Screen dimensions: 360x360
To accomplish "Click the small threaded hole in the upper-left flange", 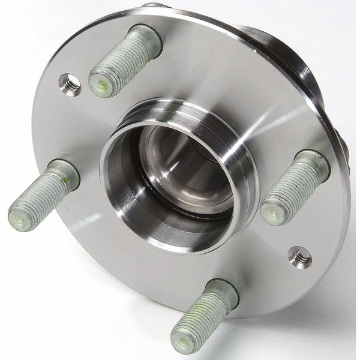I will [x=70, y=84].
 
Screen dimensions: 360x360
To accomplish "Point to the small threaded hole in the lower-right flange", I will [x=299, y=257].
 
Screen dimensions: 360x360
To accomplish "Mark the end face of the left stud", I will [x=22, y=220].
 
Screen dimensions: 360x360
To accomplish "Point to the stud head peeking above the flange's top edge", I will [x=155, y=5].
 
